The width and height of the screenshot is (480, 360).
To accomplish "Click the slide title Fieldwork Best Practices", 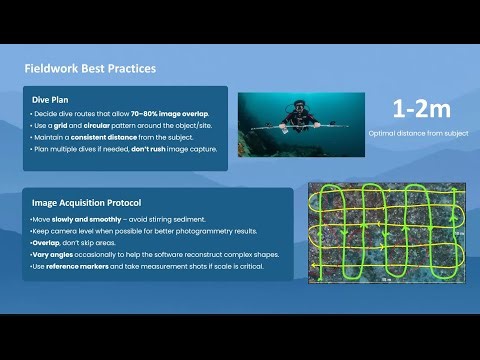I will [x=89, y=69].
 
